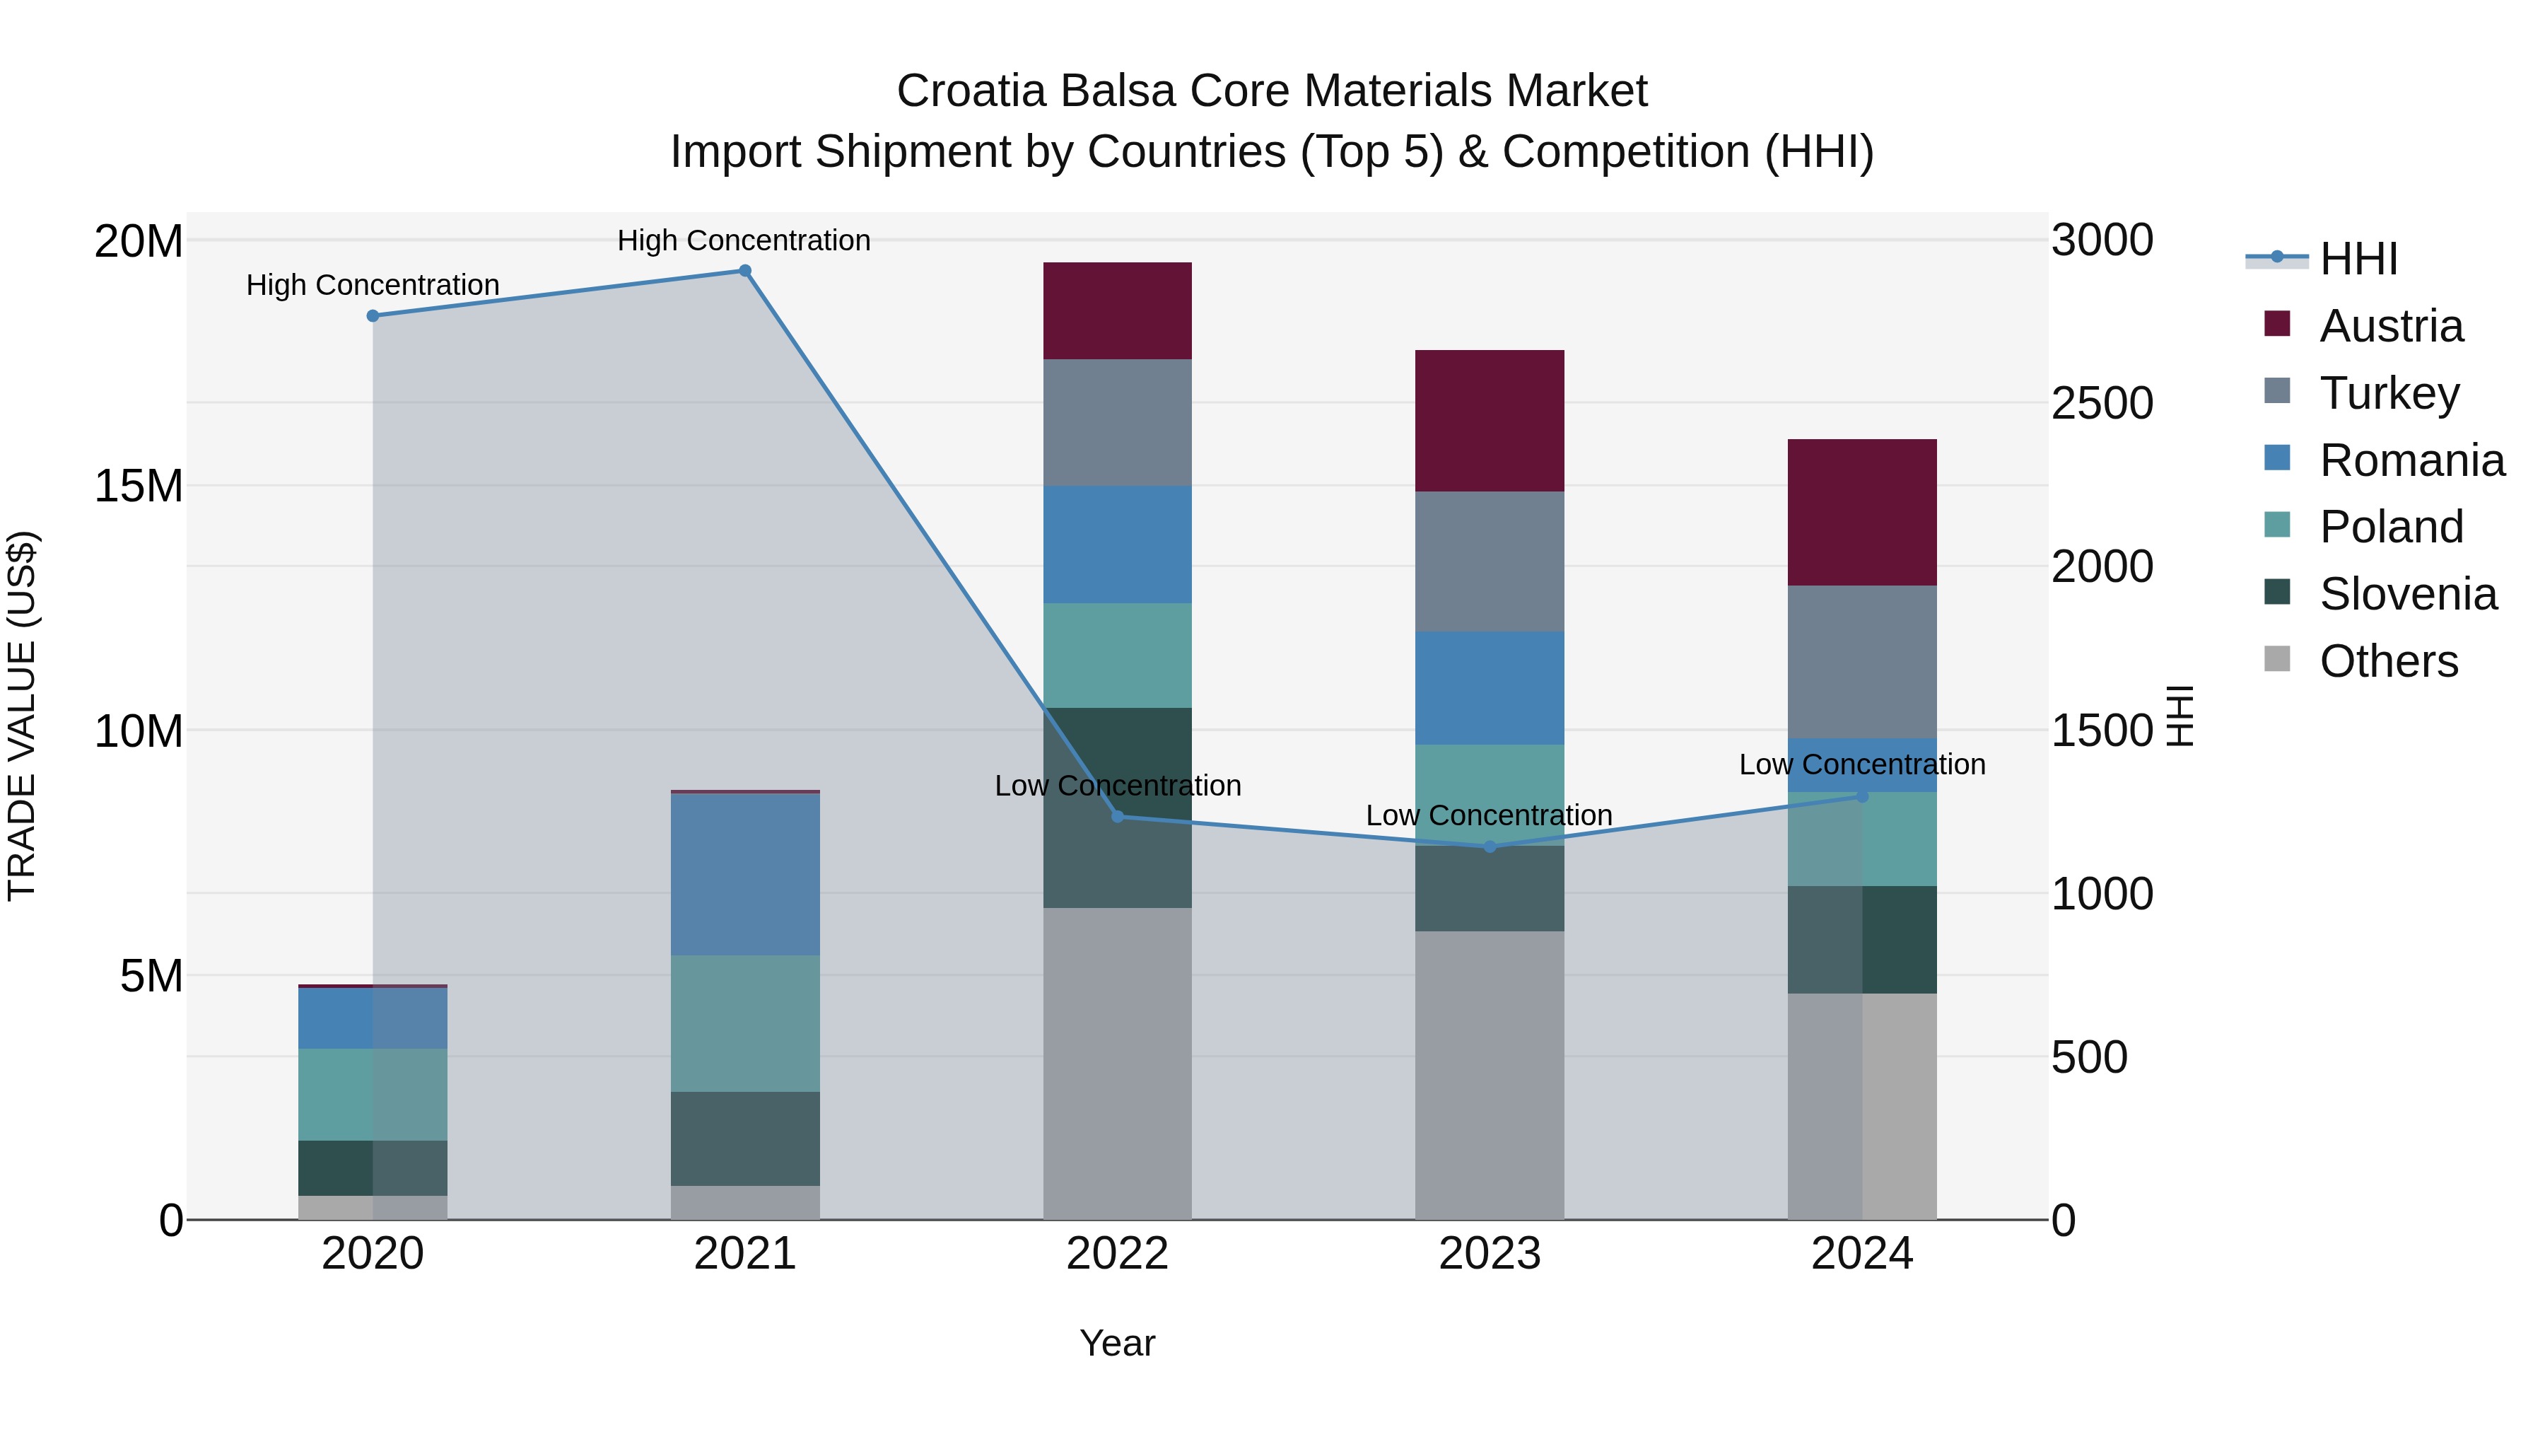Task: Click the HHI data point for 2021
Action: [x=745, y=271]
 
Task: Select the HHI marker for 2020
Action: [x=373, y=316]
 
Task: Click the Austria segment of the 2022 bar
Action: [x=1118, y=310]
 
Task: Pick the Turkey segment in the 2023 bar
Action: [x=1490, y=561]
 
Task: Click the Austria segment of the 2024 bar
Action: [x=1862, y=512]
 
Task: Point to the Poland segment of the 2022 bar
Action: [x=1118, y=656]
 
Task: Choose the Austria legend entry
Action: [x=2391, y=326]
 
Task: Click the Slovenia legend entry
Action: [x=2408, y=594]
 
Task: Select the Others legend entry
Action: [x=2388, y=661]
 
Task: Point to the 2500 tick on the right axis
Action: [x=2102, y=403]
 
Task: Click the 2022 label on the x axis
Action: [x=1118, y=1254]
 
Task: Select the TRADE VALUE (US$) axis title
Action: [x=22, y=716]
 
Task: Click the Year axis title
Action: [x=1118, y=1343]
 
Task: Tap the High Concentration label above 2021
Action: [x=744, y=240]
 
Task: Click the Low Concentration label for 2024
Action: [x=1862, y=764]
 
